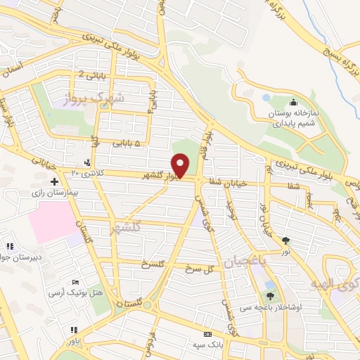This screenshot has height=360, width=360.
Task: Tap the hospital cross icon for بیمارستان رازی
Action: coord(54,181)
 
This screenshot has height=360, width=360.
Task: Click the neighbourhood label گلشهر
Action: coord(127,228)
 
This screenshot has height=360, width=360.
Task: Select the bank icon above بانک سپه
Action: coord(207,335)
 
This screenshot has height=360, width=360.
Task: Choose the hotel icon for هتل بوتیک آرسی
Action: coord(76,281)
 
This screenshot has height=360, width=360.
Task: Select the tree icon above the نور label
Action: coord(285,240)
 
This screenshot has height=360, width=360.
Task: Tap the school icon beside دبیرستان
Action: coord(10,246)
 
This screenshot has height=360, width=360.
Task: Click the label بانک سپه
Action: coord(209,345)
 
